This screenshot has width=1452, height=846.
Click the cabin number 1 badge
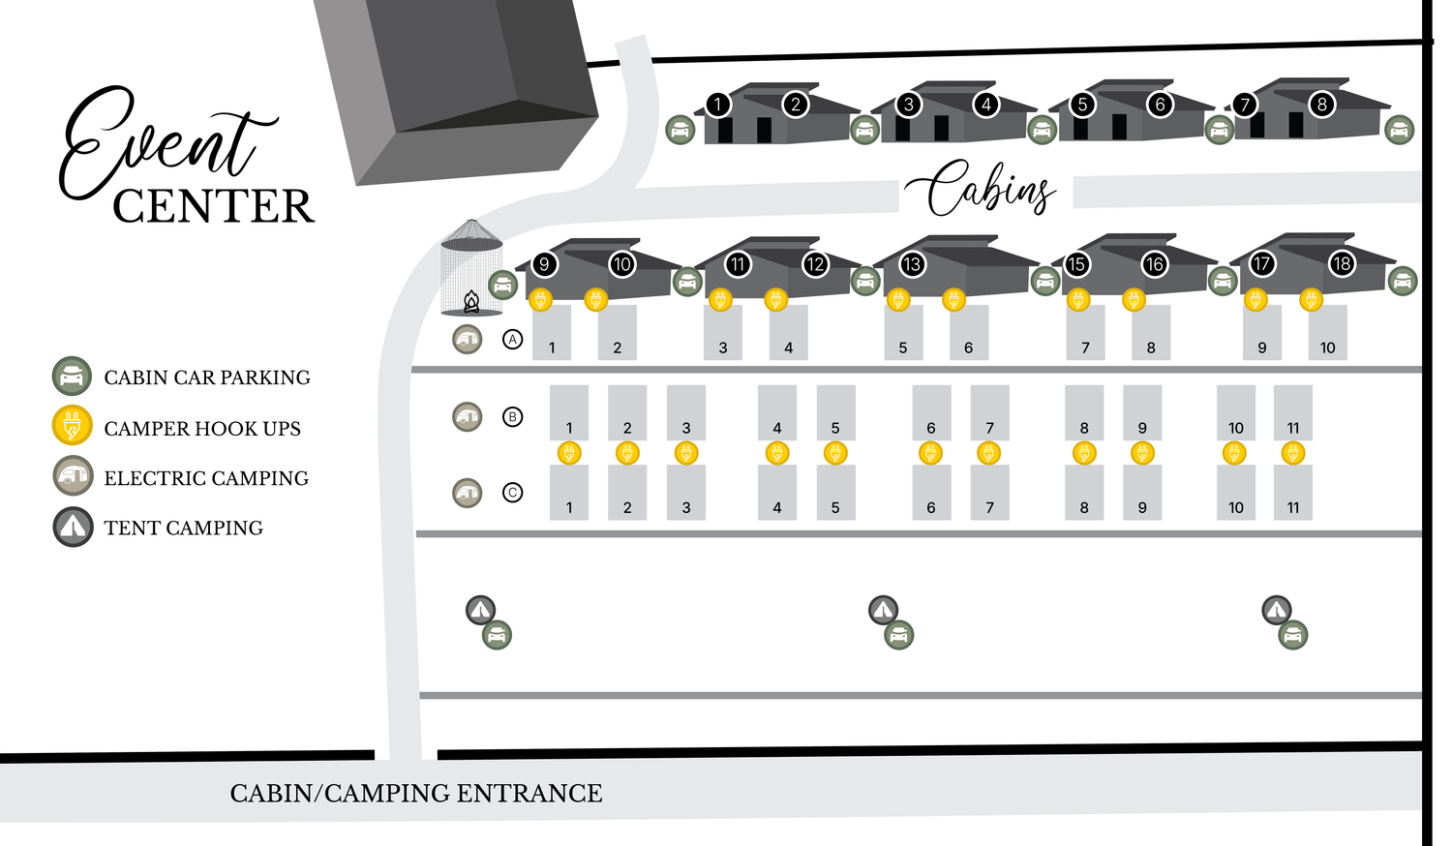click(x=717, y=105)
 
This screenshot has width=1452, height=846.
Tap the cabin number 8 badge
click(x=1321, y=105)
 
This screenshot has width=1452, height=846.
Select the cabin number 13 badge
click(x=912, y=264)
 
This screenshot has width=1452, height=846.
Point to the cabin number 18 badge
click(x=1341, y=264)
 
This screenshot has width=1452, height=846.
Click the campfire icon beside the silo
click(x=471, y=301)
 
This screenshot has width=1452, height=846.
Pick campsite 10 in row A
click(x=1327, y=333)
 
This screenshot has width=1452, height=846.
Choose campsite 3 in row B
click(x=685, y=413)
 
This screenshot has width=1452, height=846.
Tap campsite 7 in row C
click(x=990, y=493)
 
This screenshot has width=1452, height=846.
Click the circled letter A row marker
click(x=513, y=339)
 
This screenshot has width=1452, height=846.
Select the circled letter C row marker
click(x=513, y=493)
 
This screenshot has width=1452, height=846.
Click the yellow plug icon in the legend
click(x=72, y=426)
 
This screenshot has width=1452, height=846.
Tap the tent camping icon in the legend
click(x=73, y=527)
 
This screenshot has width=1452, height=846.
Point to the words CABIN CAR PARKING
click(x=207, y=378)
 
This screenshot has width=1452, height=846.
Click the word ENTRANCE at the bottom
click(x=529, y=794)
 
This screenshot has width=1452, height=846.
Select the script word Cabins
click(x=980, y=188)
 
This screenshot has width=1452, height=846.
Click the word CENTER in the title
click(x=214, y=206)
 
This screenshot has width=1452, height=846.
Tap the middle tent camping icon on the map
click(x=883, y=610)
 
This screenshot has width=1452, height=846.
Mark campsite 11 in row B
click(x=1293, y=413)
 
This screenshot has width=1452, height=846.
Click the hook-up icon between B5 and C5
click(x=835, y=453)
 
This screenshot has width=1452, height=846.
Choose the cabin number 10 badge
click(x=621, y=264)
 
